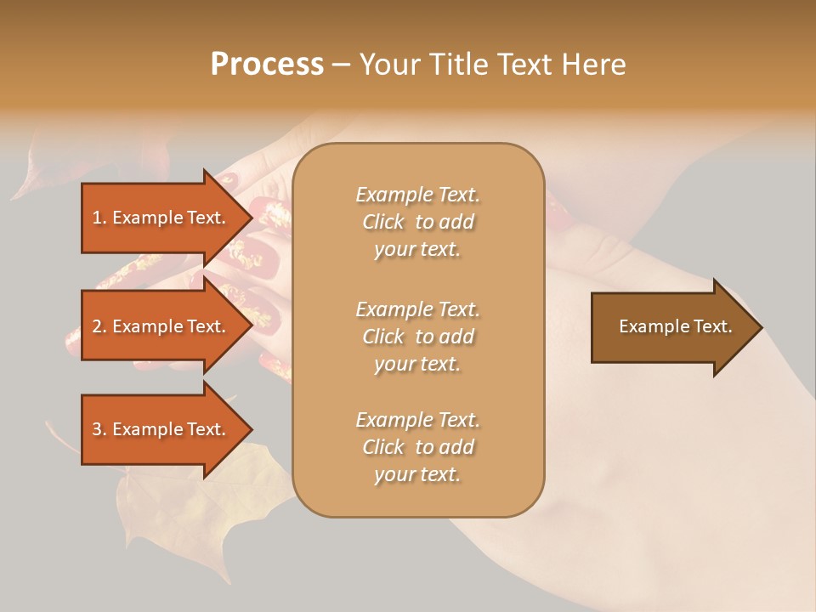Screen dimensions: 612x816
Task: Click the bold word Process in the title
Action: (x=267, y=65)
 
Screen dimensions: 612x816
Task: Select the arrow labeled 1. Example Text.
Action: (x=161, y=218)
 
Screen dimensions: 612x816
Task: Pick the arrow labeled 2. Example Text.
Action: (x=161, y=326)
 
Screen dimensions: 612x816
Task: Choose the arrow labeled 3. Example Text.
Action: (x=161, y=429)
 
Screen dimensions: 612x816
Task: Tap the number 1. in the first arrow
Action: (x=99, y=218)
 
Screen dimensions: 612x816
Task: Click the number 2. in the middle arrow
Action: (x=99, y=326)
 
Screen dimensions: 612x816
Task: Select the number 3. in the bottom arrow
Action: (x=99, y=429)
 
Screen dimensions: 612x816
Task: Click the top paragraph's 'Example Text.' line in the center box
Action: (x=417, y=195)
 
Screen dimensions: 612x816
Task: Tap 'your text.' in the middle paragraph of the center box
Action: (x=417, y=364)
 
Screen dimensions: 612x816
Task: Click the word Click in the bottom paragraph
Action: (x=383, y=447)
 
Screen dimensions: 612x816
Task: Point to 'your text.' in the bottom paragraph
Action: (x=417, y=475)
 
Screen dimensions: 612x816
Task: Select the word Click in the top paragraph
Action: (x=383, y=222)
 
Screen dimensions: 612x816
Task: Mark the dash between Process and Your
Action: (x=341, y=65)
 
